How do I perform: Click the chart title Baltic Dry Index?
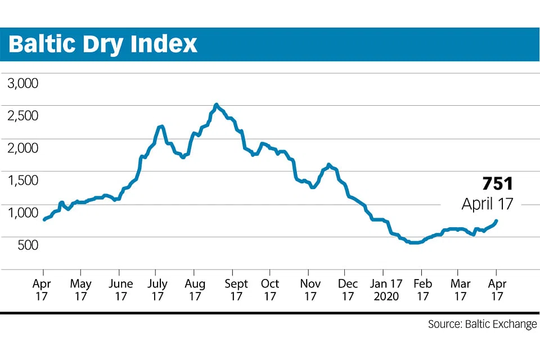point(103,44)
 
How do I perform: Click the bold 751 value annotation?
point(497,184)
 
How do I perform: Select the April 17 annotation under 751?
point(487,204)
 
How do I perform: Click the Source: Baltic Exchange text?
point(482,325)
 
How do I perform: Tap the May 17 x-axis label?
point(81,290)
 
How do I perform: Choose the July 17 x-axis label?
point(158,290)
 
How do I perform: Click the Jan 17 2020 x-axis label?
point(387,290)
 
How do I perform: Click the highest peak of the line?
point(216,105)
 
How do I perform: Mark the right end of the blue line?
point(496,221)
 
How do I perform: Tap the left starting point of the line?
point(44,219)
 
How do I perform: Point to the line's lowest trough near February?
point(413,243)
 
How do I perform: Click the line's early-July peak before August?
point(161,127)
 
